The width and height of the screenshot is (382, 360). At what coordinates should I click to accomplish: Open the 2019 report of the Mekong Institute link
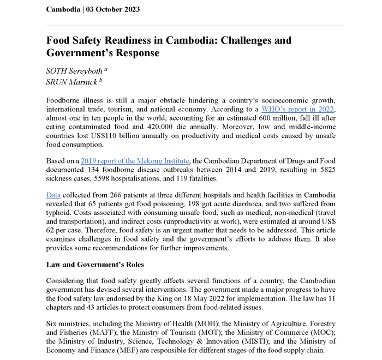click(135, 161)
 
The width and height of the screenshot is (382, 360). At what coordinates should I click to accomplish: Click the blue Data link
click(53, 195)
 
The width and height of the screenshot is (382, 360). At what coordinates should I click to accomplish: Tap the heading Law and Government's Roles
click(95, 265)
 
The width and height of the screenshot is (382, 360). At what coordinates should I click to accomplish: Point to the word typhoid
click(58, 213)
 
